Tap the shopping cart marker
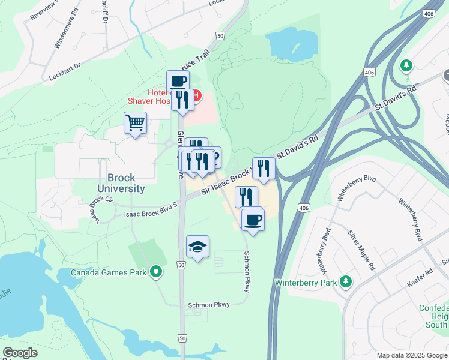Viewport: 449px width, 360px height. pyautogui.click(x=136, y=123)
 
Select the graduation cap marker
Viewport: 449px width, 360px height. pyautogui.click(x=197, y=247)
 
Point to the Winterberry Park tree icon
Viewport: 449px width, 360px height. pyautogui.click(x=346, y=281)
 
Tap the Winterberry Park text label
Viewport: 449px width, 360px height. pyautogui.click(x=306, y=282)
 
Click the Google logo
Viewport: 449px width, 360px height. pyautogui.click(x=20, y=353)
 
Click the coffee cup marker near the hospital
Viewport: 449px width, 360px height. pyautogui.click(x=178, y=81)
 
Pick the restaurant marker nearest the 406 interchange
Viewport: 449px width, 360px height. pyautogui.click(x=264, y=168)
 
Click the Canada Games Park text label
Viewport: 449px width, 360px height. pyautogui.click(x=109, y=272)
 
